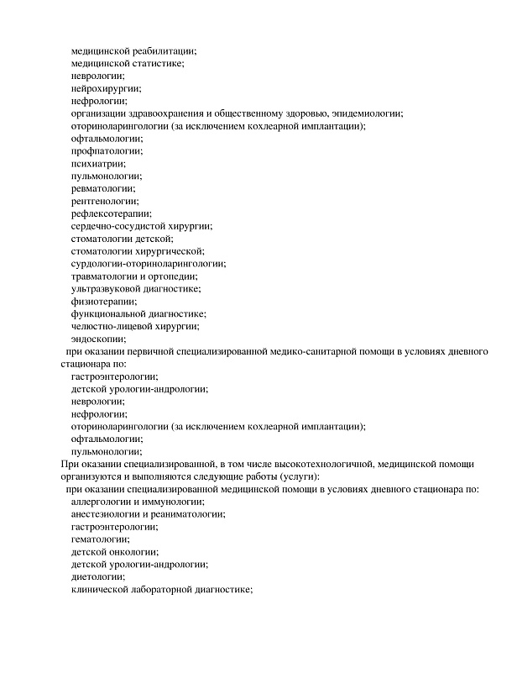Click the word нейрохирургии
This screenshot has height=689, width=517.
106,87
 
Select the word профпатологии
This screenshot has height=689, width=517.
107,150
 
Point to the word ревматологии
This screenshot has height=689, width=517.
103,188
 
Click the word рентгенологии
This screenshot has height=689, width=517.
105,201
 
